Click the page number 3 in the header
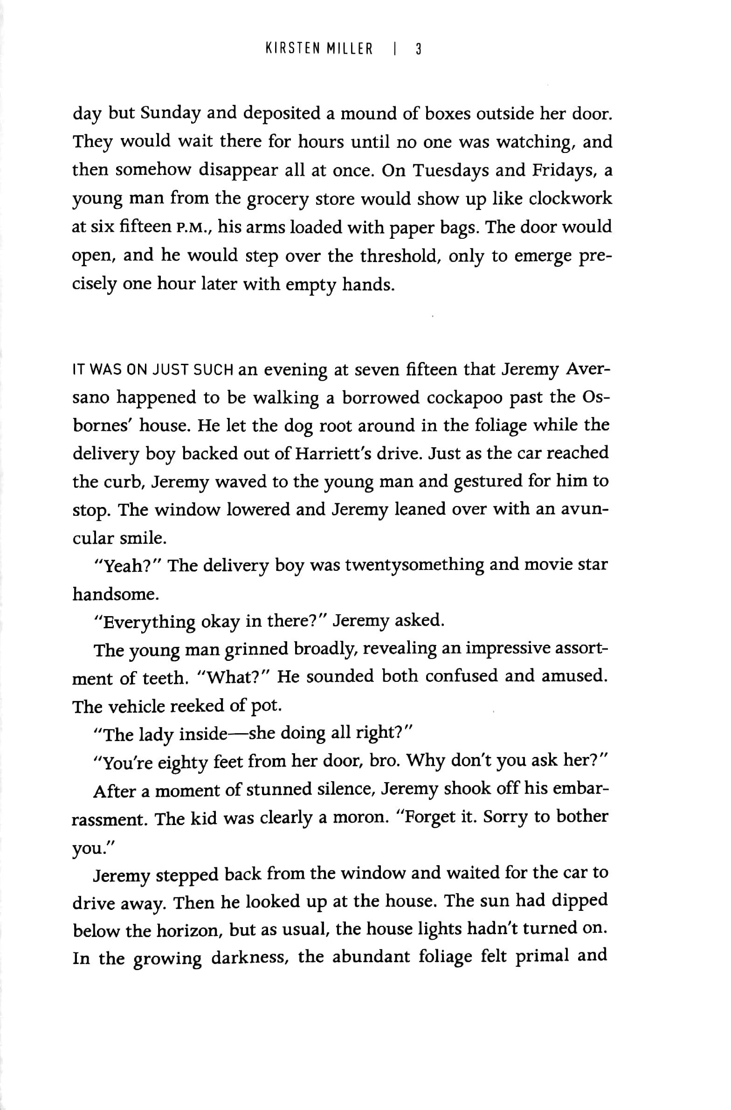(x=418, y=49)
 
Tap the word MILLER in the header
(x=352, y=49)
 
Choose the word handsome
(x=113, y=595)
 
